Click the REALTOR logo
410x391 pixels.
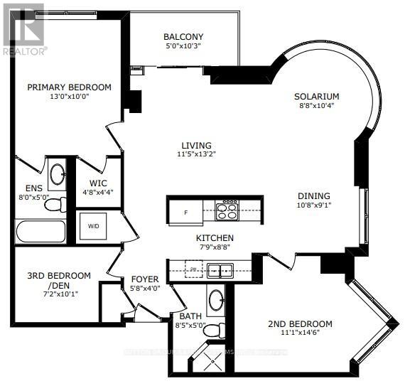(24, 28)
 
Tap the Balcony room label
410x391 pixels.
(183, 37)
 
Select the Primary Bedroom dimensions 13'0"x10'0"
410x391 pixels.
(69, 98)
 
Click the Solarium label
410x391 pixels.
(317, 96)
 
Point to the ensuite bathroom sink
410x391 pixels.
(58, 173)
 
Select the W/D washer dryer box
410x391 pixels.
(93, 227)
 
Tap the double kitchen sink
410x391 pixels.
(220, 270)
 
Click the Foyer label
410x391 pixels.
(145, 279)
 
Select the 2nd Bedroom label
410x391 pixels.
(300, 324)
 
